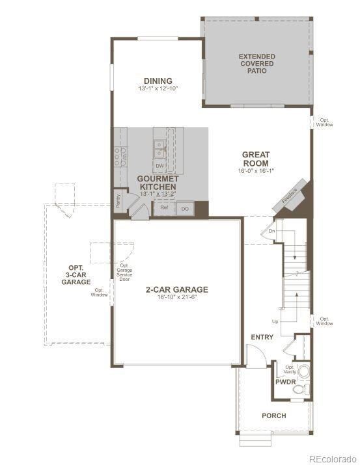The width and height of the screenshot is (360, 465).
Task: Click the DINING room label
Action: [x=158, y=81]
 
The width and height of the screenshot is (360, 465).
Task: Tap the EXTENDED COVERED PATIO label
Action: [x=256, y=63]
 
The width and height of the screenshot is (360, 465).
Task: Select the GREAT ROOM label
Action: [x=256, y=159]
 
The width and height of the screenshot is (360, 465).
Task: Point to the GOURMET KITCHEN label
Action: [x=158, y=182]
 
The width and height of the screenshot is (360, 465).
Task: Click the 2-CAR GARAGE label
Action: [x=177, y=289]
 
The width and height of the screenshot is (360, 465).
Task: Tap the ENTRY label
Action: [x=262, y=338]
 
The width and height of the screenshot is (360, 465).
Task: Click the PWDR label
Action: [x=285, y=382]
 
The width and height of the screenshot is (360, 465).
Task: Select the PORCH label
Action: [x=274, y=416]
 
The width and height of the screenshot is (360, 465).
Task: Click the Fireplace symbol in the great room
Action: [x=289, y=196]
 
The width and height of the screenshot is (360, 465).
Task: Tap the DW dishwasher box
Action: [x=159, y=166]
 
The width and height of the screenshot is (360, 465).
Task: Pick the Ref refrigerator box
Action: [x=165, y=208]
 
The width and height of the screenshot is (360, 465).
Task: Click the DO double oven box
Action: [x=184, y=209]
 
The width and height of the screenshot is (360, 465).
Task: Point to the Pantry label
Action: [x=118, y=201]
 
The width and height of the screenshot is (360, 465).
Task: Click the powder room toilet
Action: [x=300, y=389]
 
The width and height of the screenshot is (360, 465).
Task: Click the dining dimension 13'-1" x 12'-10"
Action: [x=158, y=88]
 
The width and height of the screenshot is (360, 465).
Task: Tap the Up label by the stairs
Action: [x=275, y=322]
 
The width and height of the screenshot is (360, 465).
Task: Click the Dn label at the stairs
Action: [x=273, y=231]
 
